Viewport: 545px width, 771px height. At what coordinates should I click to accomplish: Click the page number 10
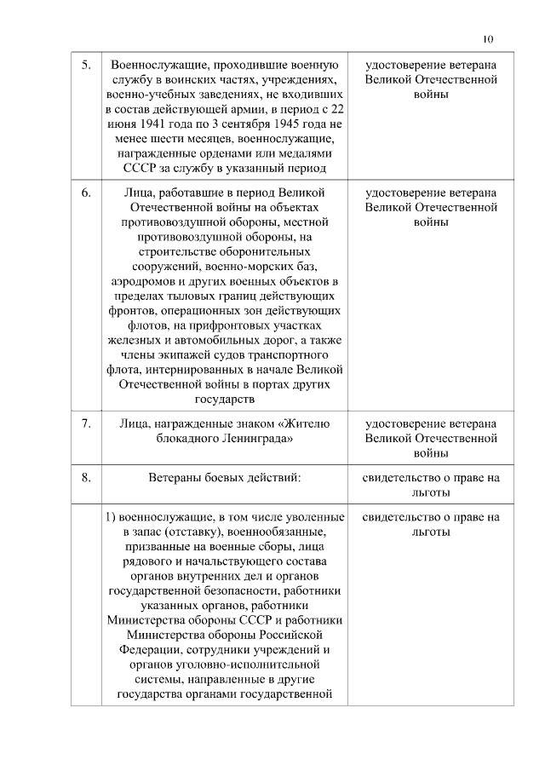click(487, 37)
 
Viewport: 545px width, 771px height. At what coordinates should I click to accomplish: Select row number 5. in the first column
click(86, 66)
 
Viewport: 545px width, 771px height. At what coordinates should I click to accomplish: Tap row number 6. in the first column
click(86, 192)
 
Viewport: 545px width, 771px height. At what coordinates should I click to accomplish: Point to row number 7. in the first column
click(86, 423)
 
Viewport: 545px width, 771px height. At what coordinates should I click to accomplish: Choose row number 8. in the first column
click(86, 477)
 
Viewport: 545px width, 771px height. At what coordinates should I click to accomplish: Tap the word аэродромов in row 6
click(145, 280)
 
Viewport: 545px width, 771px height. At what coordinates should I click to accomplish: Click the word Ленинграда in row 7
click(251, 438)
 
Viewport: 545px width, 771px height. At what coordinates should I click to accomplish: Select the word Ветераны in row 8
click(175, 477)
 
